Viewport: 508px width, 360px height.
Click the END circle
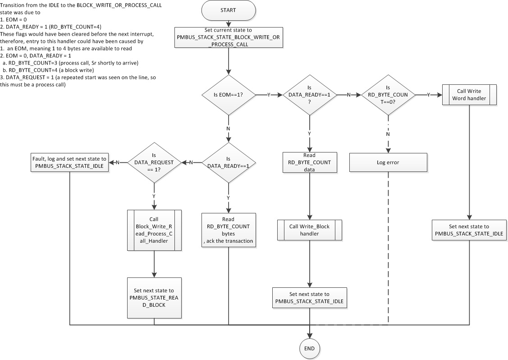point(310,348)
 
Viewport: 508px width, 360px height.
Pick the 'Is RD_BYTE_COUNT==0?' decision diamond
point(388,95)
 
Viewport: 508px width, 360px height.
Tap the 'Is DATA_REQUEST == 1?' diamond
point(154,162)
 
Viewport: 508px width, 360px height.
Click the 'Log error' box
point(388,162)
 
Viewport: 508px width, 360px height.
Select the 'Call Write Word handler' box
point(469,94)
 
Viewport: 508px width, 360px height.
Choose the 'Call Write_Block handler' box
point(309,230)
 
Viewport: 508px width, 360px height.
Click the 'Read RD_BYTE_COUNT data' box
point(309,162)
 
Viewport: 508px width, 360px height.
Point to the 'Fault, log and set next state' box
point(69,162)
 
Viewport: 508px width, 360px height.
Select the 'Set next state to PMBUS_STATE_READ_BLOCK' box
point(154,298)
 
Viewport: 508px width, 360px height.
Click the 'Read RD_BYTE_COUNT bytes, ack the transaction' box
point(228,230)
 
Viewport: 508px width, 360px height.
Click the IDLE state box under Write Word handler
point(469,230)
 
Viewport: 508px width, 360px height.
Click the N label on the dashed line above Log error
point(388,134)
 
